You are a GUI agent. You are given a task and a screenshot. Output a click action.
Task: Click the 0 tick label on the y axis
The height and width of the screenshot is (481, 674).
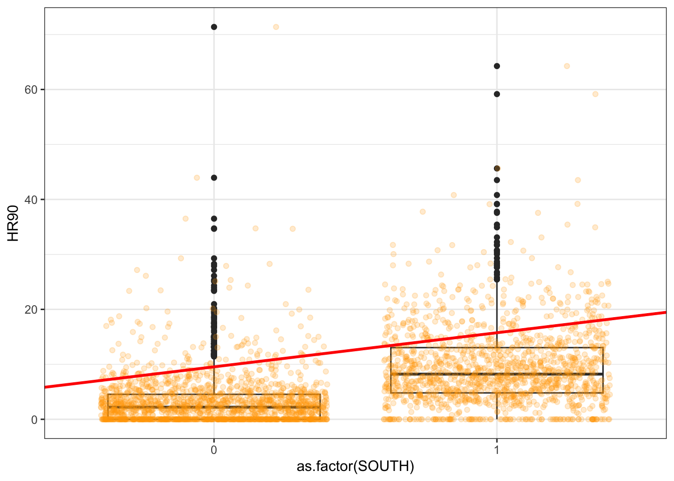tap(34, 420)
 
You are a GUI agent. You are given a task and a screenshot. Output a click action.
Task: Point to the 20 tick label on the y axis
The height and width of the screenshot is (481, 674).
tap(32, 310)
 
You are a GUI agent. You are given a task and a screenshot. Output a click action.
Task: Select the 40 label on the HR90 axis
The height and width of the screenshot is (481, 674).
tap(32, 200)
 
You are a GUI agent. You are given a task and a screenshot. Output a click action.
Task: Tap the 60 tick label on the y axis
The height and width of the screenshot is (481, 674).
tap(32, 90)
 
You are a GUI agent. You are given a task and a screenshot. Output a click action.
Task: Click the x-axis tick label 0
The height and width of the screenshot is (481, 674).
tap(214, 449)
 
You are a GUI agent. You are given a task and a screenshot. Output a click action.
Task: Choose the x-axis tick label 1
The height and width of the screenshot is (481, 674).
tap(496, 449)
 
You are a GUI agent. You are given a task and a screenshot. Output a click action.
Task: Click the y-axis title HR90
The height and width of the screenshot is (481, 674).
tap(14, 223)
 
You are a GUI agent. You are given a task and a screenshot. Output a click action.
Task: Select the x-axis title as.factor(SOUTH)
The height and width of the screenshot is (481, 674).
tap(355, 467)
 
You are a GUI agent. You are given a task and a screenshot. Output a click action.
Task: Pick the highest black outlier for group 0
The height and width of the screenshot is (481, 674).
tap(214, 27)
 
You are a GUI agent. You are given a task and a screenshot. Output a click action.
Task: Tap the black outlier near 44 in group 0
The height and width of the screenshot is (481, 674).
tap(214, 177)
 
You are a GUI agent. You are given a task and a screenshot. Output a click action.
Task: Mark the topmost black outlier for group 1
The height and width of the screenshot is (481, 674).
tap(496, 66)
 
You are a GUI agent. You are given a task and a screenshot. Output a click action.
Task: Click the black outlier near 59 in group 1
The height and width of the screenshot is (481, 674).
tap(496, 94)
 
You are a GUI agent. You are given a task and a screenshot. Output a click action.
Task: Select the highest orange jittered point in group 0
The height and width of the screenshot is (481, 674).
tap(276, 27)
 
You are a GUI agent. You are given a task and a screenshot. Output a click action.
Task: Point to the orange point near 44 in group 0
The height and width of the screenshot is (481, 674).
tap(197, 177)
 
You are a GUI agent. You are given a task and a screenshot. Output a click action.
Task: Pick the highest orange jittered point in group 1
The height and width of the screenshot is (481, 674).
tap(567, 66)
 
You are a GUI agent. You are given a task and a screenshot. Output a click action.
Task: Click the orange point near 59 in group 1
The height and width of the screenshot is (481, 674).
tap(595, 94)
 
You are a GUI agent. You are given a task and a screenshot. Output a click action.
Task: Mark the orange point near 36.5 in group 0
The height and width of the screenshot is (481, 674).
tap(186, 218)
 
